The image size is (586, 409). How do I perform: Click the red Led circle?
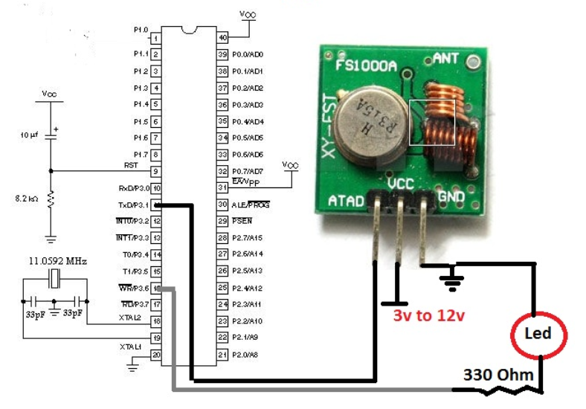539,332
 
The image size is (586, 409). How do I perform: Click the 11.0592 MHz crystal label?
54,263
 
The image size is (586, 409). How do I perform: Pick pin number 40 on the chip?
222,37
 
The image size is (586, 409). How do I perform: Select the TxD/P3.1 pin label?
134,204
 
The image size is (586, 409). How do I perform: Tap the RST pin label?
130,164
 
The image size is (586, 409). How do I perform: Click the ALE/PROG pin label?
251,204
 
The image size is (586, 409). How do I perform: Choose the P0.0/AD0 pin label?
248,54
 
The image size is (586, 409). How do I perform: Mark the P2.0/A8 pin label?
244,355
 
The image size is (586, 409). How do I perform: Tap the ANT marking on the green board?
445,57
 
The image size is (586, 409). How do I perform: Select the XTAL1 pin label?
131,347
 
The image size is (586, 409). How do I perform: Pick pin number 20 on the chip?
156,355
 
